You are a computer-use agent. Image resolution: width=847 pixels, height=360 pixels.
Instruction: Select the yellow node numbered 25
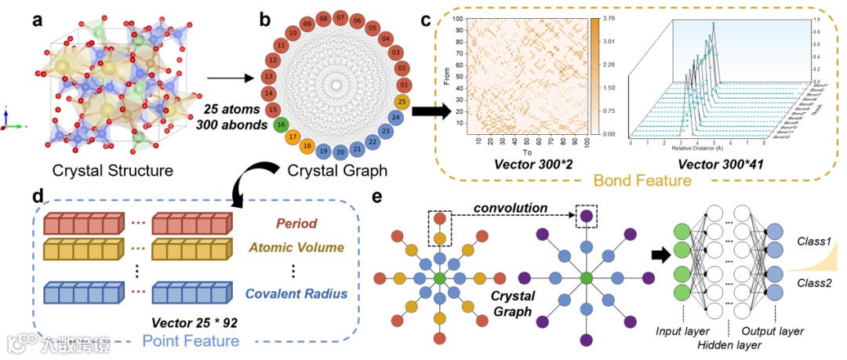(x=403, y=100)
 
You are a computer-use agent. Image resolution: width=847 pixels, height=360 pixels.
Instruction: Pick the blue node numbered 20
(x=340, y=152)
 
